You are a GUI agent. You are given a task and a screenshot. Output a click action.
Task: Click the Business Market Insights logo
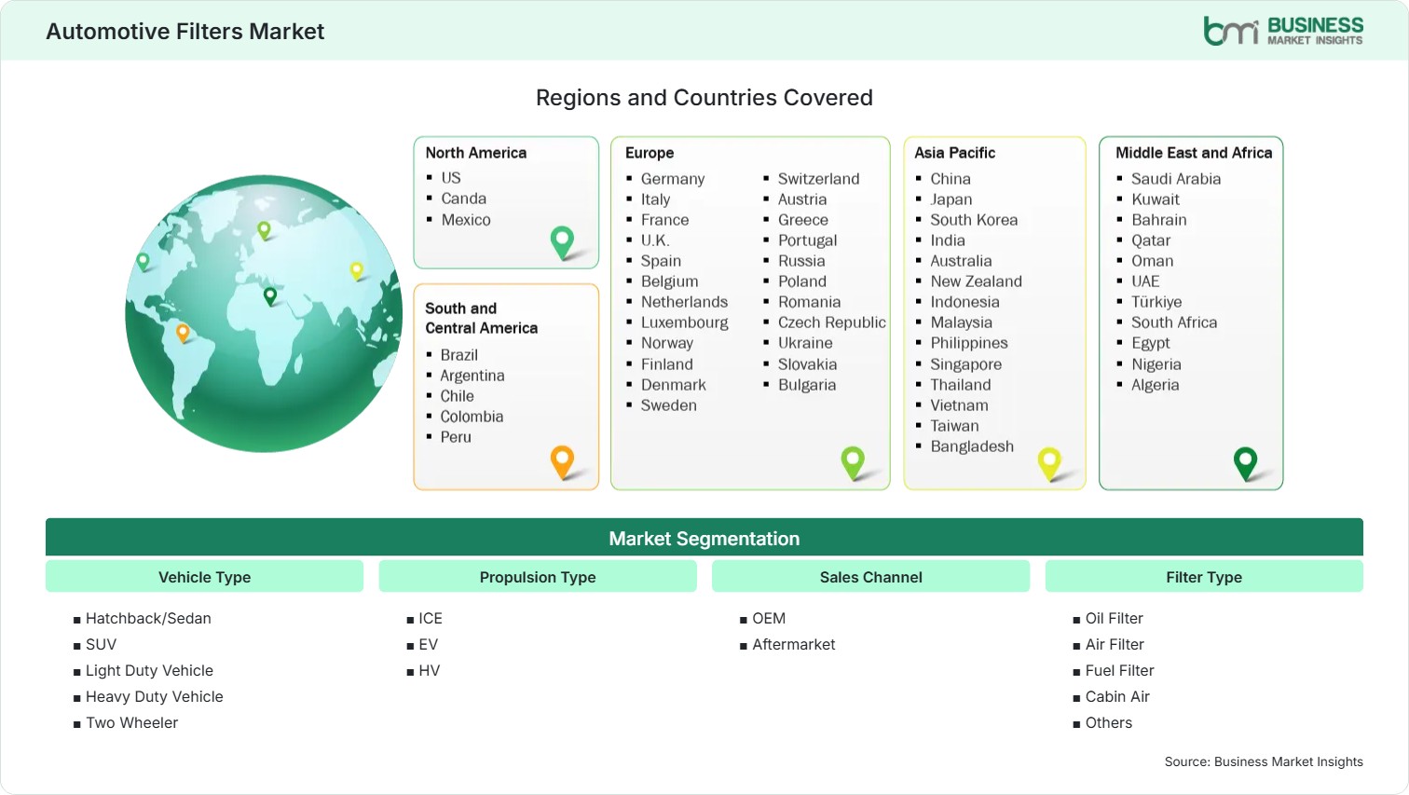point(1283,31)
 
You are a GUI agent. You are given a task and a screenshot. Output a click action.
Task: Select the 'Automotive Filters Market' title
point(185,32)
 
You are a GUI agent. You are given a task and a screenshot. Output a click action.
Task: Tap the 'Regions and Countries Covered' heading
point(704,98)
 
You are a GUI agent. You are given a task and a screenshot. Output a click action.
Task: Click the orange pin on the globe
point(183,332)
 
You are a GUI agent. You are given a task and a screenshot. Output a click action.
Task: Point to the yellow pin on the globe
point(357,270)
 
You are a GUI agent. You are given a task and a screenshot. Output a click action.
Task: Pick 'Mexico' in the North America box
point(466,220)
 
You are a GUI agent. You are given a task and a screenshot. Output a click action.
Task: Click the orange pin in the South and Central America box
point(562,461)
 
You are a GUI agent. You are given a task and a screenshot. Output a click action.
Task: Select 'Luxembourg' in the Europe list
point(684,322)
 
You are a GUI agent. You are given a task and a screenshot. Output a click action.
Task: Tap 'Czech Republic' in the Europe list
point(831,322)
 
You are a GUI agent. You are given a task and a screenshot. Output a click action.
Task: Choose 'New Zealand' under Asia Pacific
point(977,281)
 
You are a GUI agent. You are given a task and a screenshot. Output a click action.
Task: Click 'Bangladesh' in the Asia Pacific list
point(972,445)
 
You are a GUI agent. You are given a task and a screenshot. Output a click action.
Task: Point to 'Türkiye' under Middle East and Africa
point(1156,301)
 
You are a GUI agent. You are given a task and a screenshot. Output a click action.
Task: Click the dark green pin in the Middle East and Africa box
point(1245,463)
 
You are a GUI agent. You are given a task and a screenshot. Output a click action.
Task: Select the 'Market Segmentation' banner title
point(704,539)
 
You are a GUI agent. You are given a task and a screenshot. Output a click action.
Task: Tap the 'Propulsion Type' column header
point(537,577)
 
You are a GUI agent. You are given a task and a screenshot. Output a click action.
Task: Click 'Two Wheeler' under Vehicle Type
point(131,722)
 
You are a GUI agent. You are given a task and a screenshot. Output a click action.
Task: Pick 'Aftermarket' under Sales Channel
point(793,644)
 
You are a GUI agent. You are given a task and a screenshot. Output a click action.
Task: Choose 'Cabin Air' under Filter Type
point(1117,696)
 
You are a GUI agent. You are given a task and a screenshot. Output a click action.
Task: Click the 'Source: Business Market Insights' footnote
point(1263,761)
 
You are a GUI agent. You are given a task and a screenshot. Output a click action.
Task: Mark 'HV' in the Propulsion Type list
point(429,670)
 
